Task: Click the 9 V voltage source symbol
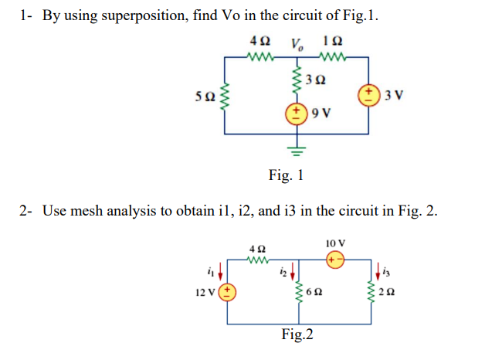click(296, 116)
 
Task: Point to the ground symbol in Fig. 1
click(296, 147)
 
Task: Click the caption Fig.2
click(298, 335)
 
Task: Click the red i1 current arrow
click(223, 270)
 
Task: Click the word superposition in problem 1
click(147, 15)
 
